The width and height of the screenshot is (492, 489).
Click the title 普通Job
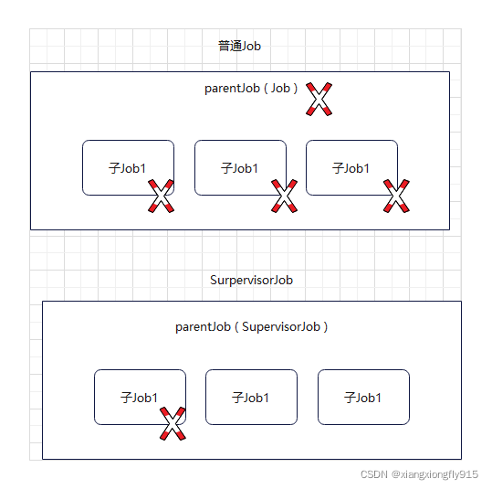pyautogui.click(x=239, y=46)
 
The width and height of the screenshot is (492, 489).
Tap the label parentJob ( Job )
pyautogui.click(x=251, y=89)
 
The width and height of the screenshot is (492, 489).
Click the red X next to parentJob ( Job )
pyautogui.click(x=319, y=99)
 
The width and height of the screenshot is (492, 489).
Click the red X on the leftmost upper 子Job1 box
pyautogui.click(x=161, y=196)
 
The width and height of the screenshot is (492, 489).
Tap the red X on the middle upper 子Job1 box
pyautogui.click(x=284, y=196)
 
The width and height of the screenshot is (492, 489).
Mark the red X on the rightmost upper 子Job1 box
pyautogui.click(x=396, y=196)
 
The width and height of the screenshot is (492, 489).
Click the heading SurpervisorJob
pyautogui.click(x=251, y=280)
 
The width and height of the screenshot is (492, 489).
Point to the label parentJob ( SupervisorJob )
pyautogui.click(x=251, y=327)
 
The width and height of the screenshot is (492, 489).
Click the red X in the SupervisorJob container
pyautogui.click(x=173, y=423)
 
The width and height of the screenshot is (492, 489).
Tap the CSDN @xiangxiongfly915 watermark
pyautogui.click(x=419, y=474)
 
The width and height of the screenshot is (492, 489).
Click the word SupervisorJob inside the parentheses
pyautogui.click(x=281, y=327)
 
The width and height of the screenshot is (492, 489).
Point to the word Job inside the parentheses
pyautogui.click(x=280, y=89)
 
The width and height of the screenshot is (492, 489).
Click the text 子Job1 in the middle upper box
pyautogui.click(x=239, y=168)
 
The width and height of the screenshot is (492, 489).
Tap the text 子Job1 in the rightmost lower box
pyautogui.click(x=362, y=398)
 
